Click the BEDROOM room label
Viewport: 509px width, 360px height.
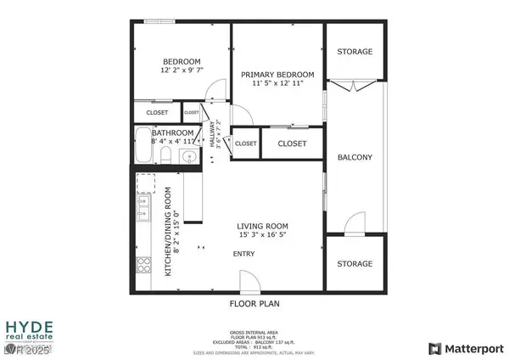pyautogui.click(x=182, y=61)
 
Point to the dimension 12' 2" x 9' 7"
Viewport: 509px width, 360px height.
pyautogui.click(x=182, y=70)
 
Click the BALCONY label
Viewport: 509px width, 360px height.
pyautogui.click(x=355, y=157)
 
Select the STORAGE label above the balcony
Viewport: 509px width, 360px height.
pyautogui.click(x=355, y=52)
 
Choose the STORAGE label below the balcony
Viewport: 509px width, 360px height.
pyautogui.click(x=355, y=263)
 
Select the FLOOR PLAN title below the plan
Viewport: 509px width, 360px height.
pyautogui.click(x=255, y=303)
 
